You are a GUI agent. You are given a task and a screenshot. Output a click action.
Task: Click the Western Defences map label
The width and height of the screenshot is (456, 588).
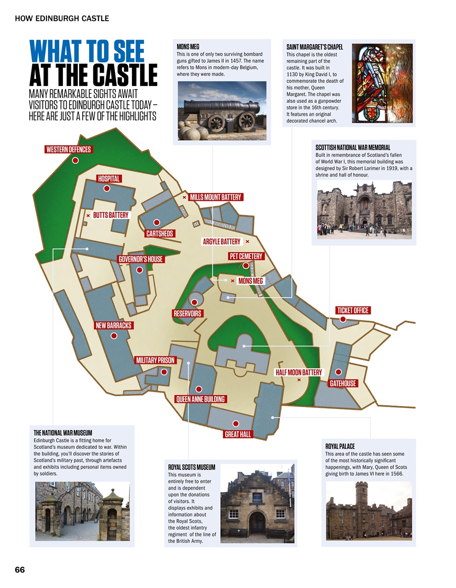(68, 149)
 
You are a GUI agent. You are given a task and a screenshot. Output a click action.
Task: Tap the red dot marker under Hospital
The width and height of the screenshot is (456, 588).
(107, 188)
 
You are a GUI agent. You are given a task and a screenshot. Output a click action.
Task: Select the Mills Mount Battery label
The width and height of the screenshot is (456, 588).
(215, 197)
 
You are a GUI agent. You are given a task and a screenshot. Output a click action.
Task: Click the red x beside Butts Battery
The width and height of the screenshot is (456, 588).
(88, 215)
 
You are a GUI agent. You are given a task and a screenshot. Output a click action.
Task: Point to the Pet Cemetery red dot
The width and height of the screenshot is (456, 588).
(246, 266)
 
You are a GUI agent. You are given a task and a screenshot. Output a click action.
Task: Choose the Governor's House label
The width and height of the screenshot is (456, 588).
(141, 259)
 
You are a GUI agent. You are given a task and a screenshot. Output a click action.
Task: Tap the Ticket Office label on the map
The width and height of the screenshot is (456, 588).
(353, 311)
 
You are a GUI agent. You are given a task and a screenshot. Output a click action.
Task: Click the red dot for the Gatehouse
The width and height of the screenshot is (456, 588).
(338, 372)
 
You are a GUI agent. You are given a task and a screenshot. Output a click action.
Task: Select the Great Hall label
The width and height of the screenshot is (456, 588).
(238, 434)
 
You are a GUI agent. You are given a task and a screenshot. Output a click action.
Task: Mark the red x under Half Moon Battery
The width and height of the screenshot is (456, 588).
(299, 380)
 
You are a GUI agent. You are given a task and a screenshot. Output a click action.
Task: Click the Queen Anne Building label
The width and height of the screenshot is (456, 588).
(200, 399)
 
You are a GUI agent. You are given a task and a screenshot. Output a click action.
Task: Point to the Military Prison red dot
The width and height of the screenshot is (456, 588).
(164, 372)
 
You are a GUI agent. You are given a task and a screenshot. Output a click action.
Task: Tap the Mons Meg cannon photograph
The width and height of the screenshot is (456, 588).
(222, 111)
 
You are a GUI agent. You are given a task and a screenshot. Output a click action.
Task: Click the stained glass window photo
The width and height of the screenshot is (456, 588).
(382, 83)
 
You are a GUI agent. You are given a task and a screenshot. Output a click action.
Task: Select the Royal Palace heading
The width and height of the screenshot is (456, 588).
(340, 446)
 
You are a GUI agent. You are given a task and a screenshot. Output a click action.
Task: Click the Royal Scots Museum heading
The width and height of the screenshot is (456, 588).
(192, 467)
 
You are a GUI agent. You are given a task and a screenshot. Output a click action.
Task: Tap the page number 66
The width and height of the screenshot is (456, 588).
(20, 570)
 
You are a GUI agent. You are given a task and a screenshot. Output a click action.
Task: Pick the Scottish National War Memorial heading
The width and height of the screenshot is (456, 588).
(353, 147)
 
